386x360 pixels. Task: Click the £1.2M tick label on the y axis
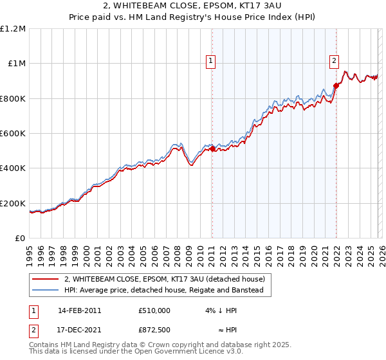click(x=13, y=28)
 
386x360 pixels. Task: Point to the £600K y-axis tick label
click(x=13, y=133)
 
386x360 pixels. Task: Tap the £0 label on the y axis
click(x=21, y=239)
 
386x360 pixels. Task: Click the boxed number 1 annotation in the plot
click(x=211, y=62)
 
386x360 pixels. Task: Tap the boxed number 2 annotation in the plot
click(x=335, y=62)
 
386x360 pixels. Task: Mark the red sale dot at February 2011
click(x=212, y=149)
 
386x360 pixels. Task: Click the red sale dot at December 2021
click(x=336, y=85)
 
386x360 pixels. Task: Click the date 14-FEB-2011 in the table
click(x=79, y=310)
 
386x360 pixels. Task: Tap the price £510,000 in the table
click(x=154, y=310)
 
